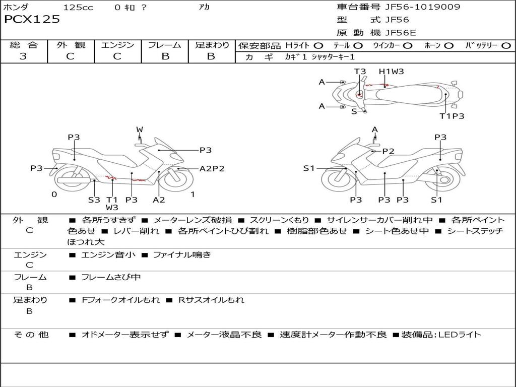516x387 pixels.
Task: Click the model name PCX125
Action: pyautogui.click(x=32, y=20)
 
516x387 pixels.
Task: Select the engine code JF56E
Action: pyautogui.click(x=401, y=33)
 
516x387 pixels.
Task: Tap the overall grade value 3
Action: pyautogui.click(x=23, y=56)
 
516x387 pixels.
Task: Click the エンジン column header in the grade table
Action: pyautogui.click(x=118, y=45)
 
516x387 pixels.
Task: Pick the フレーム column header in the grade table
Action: pyautogui.click(x=165, y=45)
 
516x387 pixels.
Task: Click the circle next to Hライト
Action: pyautogui.click(x=318, y=46)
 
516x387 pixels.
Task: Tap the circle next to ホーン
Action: pyautogui.click(x=449, y=46)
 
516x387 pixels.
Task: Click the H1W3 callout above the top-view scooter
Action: pyautogui.click(x=392, y=72)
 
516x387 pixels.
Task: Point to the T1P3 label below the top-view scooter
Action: pyautogui.click(x=451, y=116)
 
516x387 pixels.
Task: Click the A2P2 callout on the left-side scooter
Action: pyautogui.click(x=212, y=169)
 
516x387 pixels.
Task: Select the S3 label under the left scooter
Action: pyautogui.click(x=94, y=200)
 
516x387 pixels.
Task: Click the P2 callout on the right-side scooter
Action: pyautogui.click(x=388, y=151)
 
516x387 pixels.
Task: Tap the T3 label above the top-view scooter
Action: pyautogui.click(x=360, y=72)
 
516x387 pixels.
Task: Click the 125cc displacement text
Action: pyautogui.click(x=78, y=8)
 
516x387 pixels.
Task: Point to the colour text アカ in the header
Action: pyautogui.click(x=204, y=8)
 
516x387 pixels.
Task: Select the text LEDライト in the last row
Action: pyautogui.click(x=459, y=335)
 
